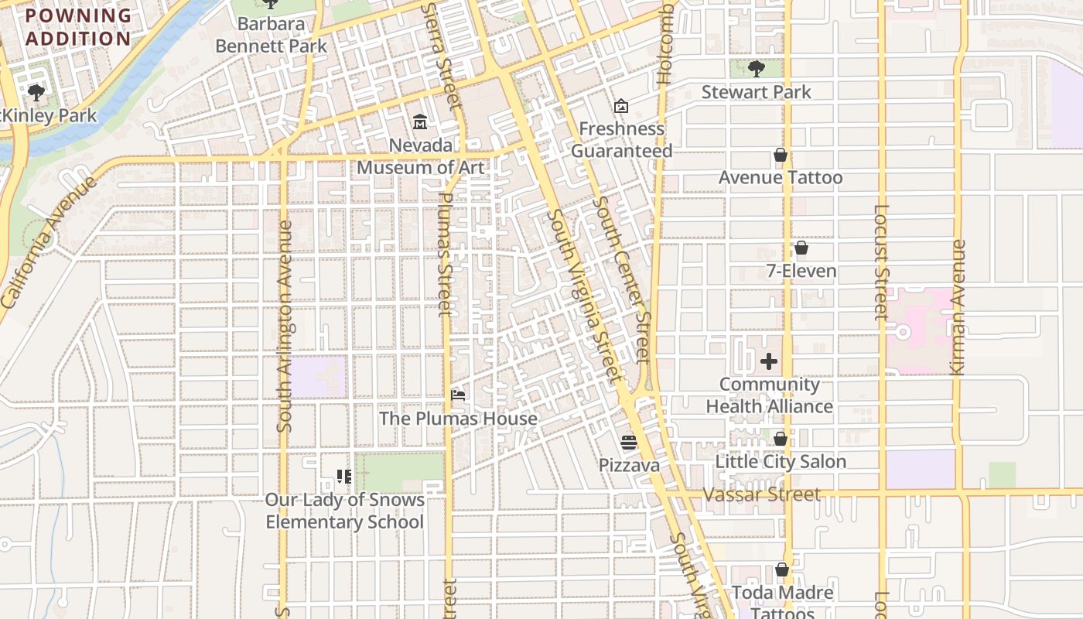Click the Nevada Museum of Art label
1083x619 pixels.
point(420,156)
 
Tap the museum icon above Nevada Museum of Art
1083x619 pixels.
point(420,121)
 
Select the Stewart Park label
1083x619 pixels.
point(756,92)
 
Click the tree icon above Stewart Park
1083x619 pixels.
point(756,68)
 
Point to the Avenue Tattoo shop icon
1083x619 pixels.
point(780,156)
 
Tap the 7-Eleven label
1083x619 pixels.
point(801,271)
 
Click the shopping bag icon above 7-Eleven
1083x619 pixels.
point(801,248)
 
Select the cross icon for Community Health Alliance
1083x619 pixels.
point(768,361)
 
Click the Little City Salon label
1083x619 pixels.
point(780,462)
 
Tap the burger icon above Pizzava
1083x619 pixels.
point(628,443)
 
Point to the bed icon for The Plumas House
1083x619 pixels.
point(458,395)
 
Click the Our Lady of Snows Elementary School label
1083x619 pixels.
point(344,511)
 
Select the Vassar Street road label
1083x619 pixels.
point(762,494)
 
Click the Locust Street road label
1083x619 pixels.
point(881,262)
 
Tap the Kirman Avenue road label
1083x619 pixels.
point(958,307)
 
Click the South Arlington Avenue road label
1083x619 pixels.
point(284,326)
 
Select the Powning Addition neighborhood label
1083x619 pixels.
point(78,27)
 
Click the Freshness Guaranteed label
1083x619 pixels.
point(621,140)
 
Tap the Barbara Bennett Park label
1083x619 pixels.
point(271,35)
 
